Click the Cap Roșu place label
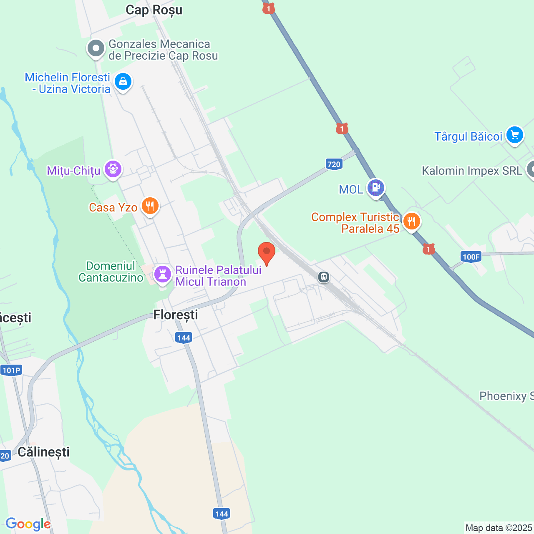click(x=154, y=10)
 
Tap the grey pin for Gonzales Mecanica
click(x=96, y=48)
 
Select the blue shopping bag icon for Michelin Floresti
click(x=123, y=81)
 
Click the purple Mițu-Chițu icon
click(x=113, y=169)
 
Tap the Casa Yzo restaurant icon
click(x=150, y=206)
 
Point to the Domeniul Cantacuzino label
click(x=111, y=272)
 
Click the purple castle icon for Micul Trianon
click(x=163, y=274)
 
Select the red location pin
click(x=267, y=252)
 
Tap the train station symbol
click(x=324, y=277)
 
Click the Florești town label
click(x=176, y=315)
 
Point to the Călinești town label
click(x=44, y=452)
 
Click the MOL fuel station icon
click(x=376, y=188)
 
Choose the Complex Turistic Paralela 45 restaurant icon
click(x=412, y=221)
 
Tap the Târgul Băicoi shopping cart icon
click(x=515, y=135)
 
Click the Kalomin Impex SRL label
click(x=472, y=171)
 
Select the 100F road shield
click(x=471, y=257)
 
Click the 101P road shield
click(x=11, y=370)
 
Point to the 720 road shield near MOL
click(x=334, y=164)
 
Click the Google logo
click(x=28, y=524)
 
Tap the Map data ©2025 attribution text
click(x=499, y=528)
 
